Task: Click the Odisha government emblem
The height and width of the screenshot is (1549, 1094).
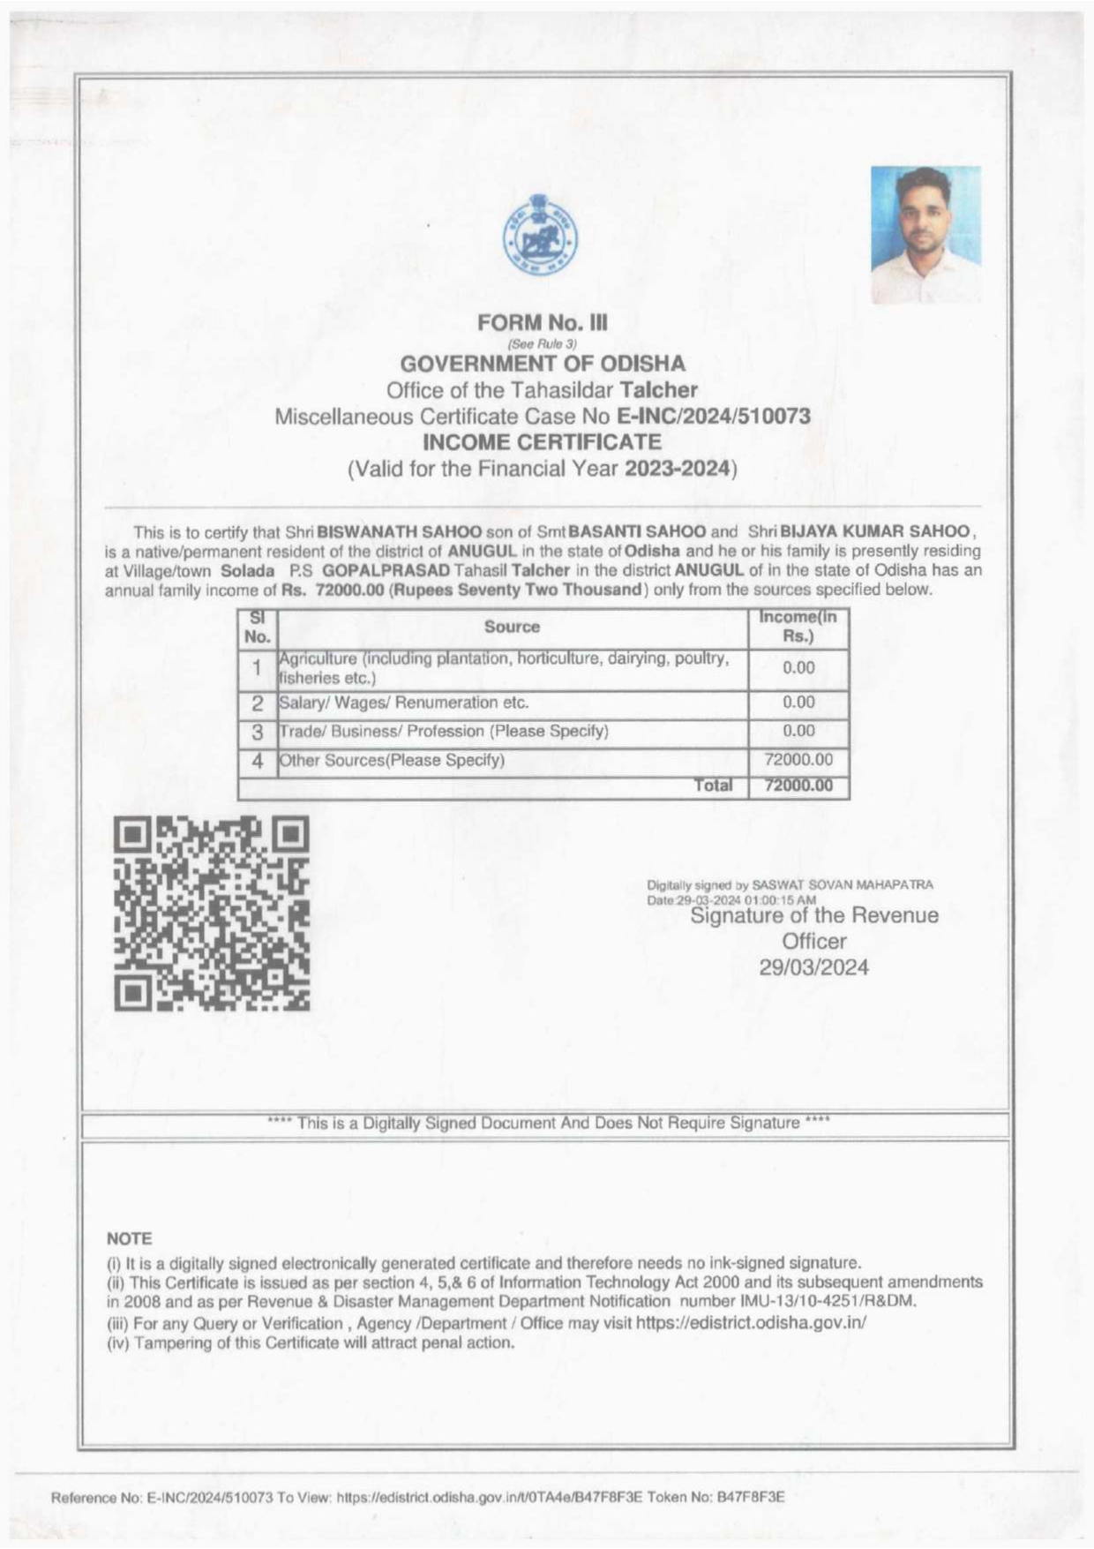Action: [541, 235]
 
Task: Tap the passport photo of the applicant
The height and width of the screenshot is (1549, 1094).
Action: [925, 235]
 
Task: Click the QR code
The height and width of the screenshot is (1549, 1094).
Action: [212, 914]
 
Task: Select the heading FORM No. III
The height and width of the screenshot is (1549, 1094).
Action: [542, 323]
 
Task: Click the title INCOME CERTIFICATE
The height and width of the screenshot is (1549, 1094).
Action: [542, 441]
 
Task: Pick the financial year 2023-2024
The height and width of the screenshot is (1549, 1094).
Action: [678, 468]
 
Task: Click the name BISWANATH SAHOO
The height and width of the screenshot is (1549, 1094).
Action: [399, 532]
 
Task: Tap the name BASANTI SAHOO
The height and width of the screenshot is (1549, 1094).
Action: [637, 532]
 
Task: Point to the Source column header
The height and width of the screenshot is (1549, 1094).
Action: [512, 627]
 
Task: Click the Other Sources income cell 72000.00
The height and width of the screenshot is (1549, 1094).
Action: [798, 760]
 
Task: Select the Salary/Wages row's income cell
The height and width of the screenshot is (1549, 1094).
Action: [798, 703]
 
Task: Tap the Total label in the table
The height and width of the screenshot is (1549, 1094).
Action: [713, 785]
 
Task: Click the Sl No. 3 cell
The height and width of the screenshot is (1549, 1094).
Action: [258, 732]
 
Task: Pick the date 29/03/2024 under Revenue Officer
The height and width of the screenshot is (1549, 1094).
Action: [813, 967]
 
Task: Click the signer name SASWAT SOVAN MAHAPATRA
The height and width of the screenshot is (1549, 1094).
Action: [843, 884]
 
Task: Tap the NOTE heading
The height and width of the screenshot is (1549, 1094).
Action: [129, 1238]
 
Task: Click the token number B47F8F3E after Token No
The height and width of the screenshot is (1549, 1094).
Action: [749, 1497]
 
